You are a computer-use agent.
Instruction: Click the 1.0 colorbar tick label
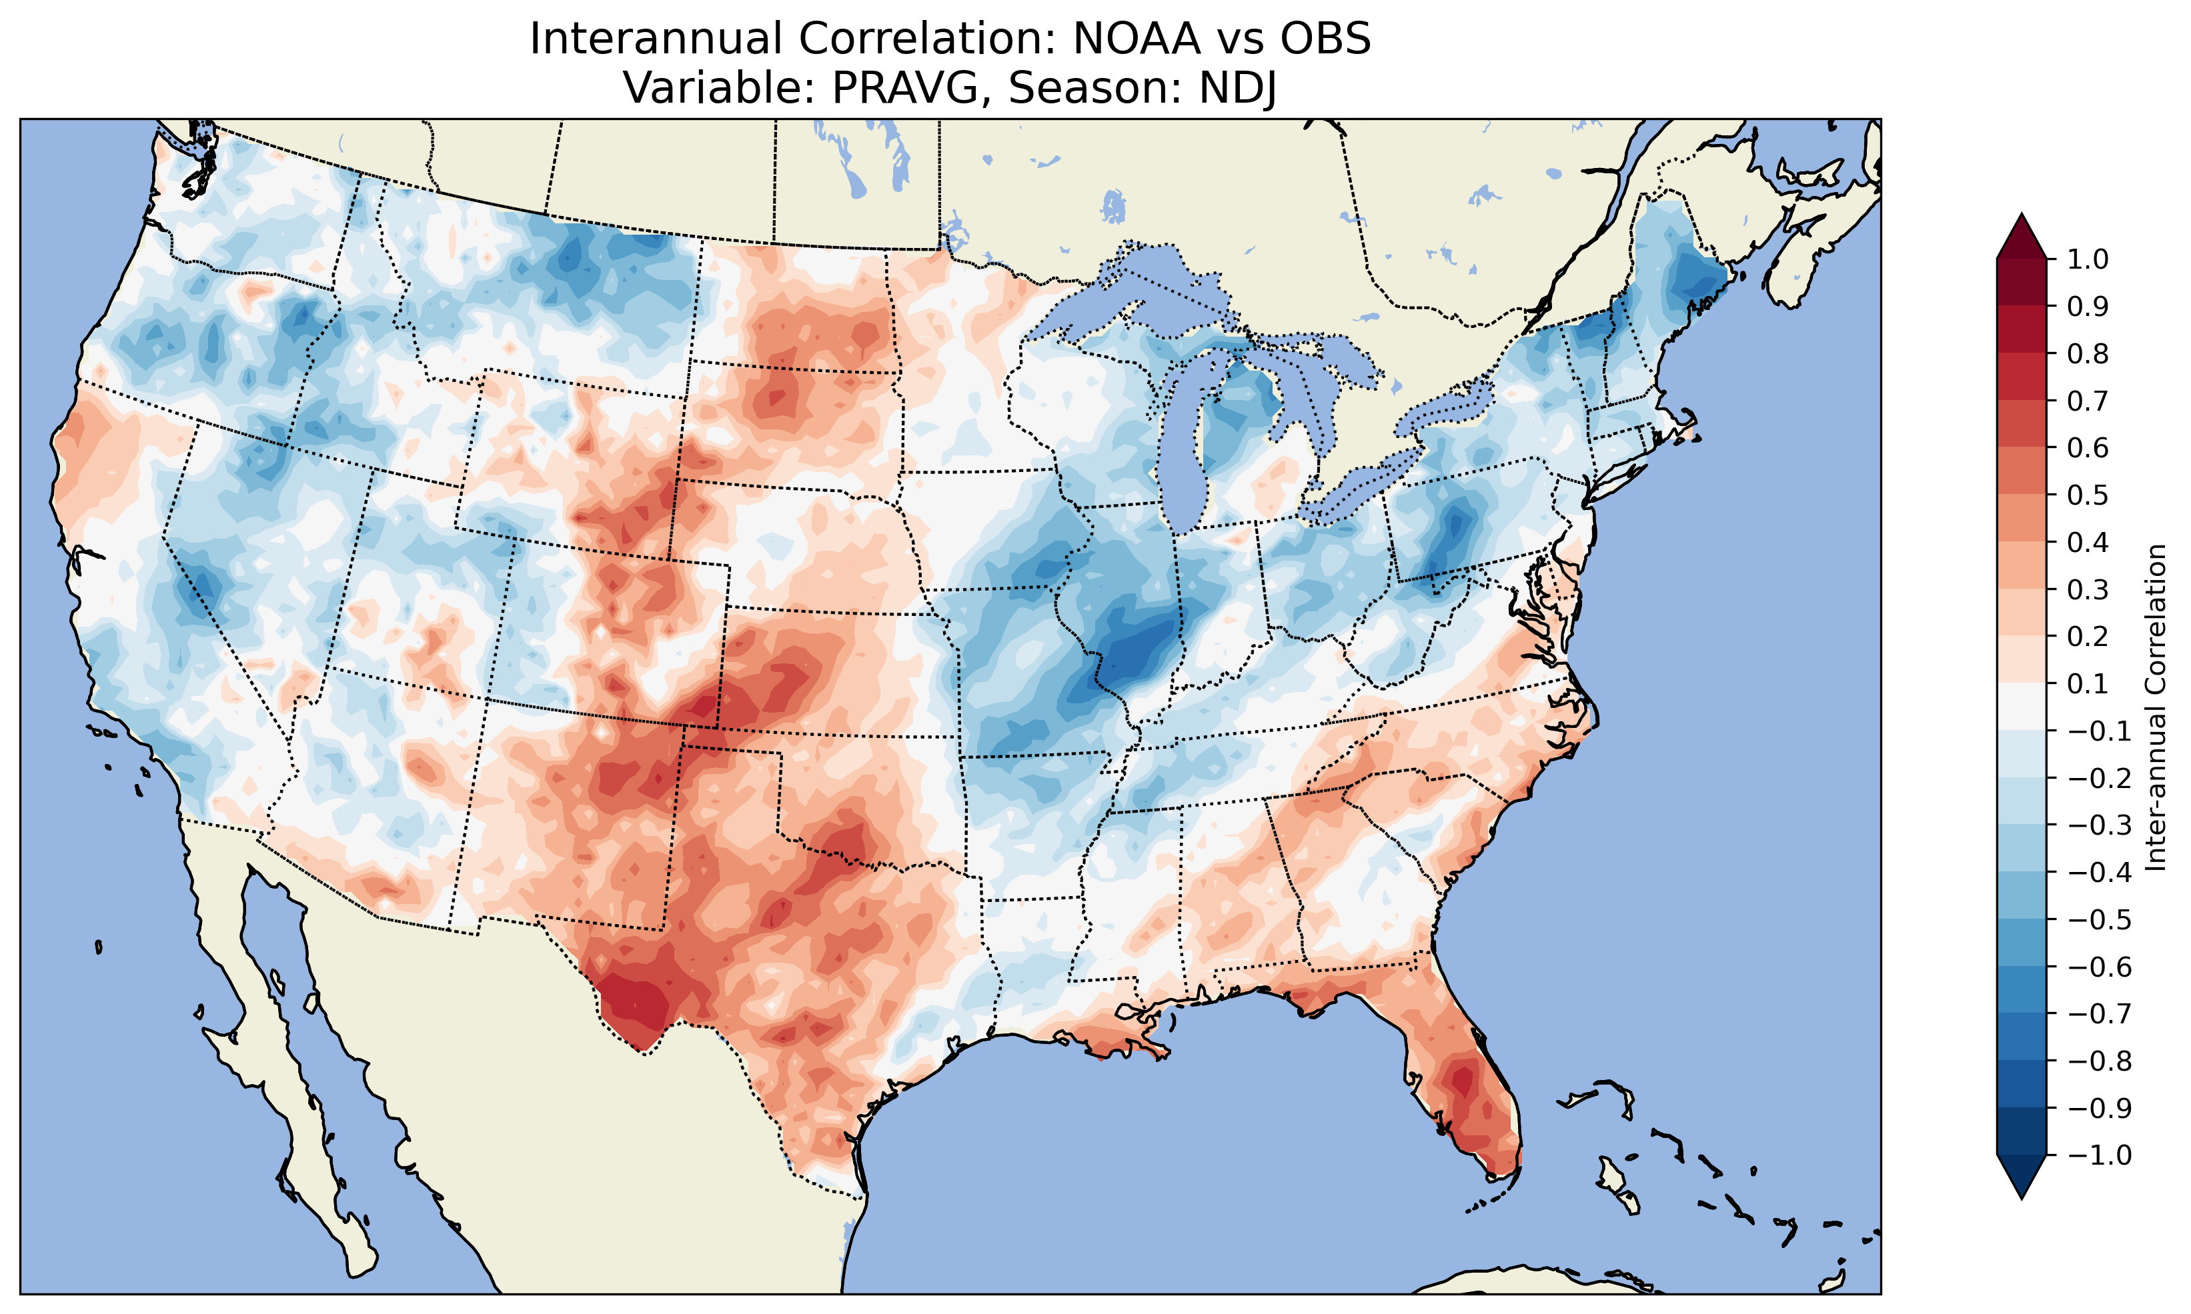click(2088, 259)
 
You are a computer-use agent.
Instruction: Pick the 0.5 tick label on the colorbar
click(2088, 495)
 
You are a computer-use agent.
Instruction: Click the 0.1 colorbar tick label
click(2088, 683)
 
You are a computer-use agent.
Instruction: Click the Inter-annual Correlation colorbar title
click(2156, 707)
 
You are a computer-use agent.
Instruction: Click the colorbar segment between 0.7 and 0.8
click(2022, 377)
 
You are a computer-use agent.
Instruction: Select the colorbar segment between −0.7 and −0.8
click(2022, 1037)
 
